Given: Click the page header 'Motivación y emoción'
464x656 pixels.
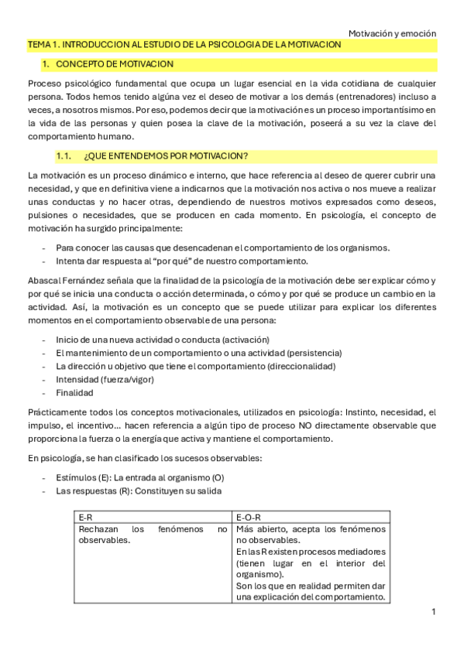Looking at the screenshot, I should (392, 34).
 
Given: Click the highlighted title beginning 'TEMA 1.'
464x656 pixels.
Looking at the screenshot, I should (184, 46).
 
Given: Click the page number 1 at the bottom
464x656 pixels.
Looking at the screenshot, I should (434, 612).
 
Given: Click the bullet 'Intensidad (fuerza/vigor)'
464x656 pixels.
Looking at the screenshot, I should (105, 380).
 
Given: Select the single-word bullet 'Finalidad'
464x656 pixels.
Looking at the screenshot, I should (74, 393).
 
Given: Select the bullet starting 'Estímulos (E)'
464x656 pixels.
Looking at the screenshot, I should (139, 478).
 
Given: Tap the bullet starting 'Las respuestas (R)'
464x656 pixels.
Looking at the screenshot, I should (139, 491).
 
